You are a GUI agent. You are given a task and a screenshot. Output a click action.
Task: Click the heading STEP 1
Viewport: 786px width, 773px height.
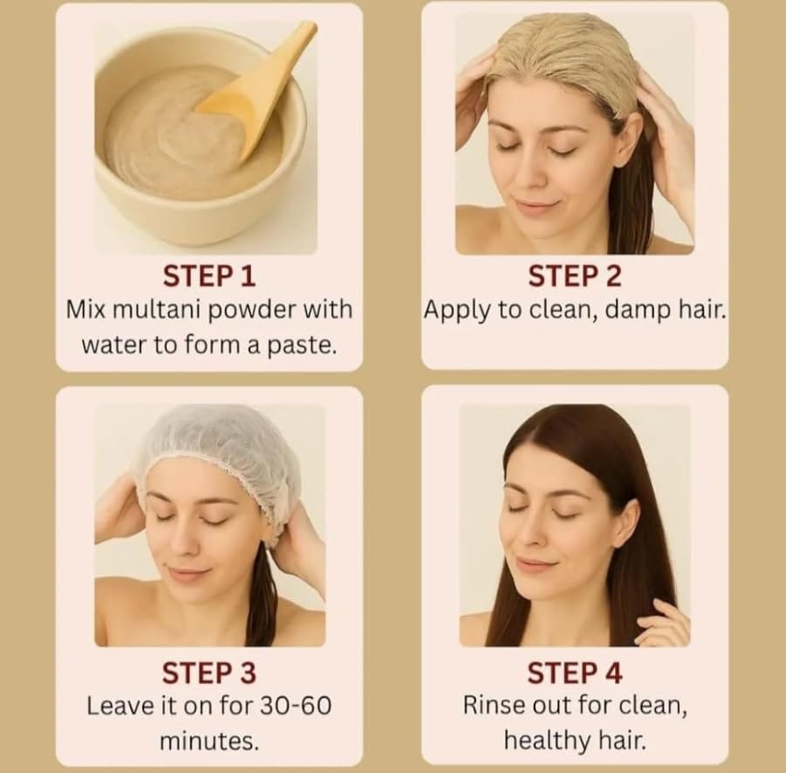209,277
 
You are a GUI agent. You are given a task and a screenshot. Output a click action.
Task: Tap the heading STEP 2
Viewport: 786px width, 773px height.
575,277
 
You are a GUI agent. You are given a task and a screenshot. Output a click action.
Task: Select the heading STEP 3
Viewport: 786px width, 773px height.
209,673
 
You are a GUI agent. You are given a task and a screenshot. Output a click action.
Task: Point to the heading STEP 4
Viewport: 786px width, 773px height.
575,673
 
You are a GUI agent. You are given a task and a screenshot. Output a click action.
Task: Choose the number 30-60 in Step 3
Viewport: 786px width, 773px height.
295,706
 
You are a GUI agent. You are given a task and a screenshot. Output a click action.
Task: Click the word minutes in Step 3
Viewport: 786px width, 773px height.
209,742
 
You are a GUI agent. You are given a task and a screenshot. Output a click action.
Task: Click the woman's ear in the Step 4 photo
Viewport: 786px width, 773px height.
628,523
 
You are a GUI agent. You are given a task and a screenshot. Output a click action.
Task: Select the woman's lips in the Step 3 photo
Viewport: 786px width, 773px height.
184,572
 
